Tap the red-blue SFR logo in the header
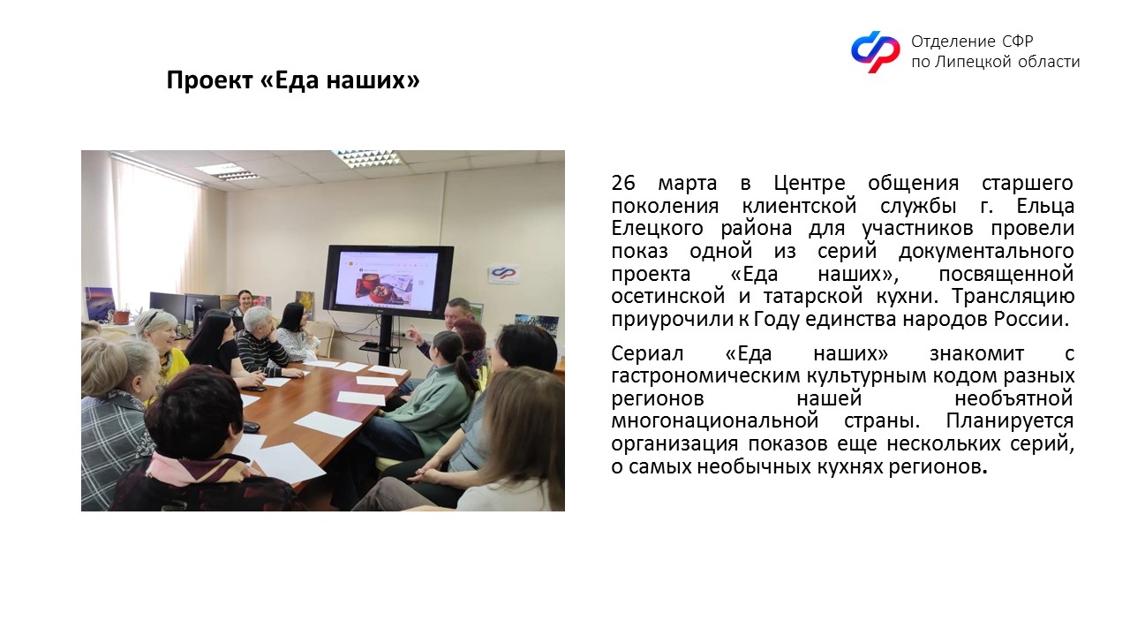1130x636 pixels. tap(875, 51)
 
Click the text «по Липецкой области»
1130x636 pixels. tap(995, 62)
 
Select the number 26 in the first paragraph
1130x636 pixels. tap(623, 183)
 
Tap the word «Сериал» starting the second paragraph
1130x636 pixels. tap(647, 354)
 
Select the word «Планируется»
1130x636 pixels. tap(1009, 421)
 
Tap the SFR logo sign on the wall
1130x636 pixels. tap(503, 274)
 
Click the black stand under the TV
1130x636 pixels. tap(385, 339)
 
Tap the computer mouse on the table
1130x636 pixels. tap(252, 427)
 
